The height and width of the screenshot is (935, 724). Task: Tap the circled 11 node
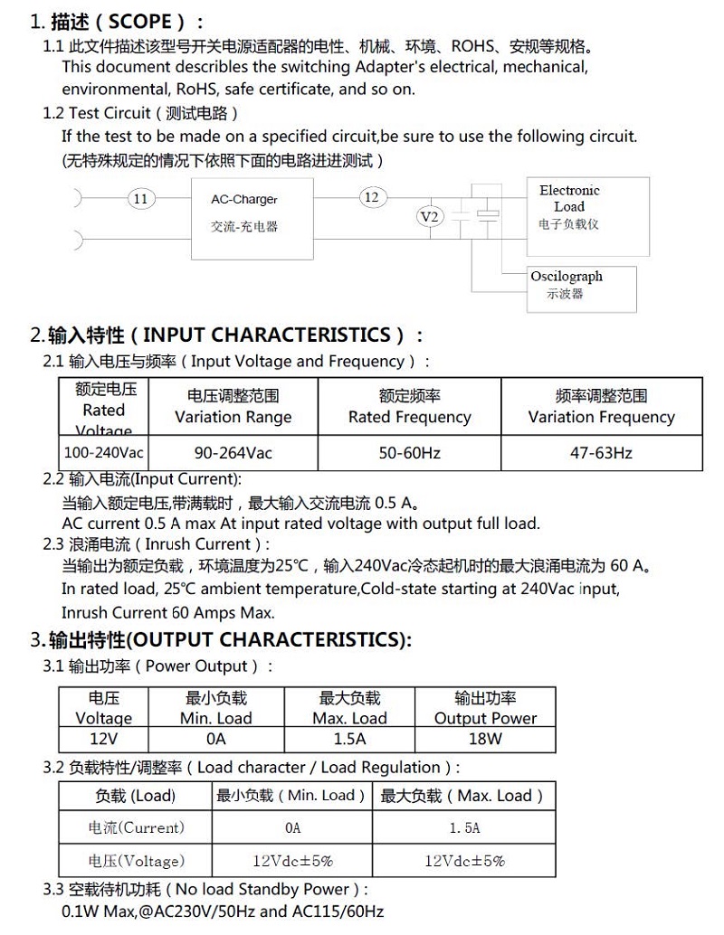tap(140, 199)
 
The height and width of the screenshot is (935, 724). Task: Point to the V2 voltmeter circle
tap(431, 217)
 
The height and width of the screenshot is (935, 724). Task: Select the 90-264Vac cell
tap(233, 452)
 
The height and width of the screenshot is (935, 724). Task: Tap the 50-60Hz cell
tap(409, 452)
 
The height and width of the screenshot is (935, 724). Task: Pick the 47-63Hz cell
tap(601, 452)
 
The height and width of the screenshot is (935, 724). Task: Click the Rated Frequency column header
tap(409, 407)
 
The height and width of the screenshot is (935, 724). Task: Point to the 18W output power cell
tap(485, 739)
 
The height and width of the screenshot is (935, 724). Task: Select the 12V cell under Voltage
tap(103, 739)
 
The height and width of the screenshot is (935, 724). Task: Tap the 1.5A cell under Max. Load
tap(349, 739)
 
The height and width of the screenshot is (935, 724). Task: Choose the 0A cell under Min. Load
tap(215, 739)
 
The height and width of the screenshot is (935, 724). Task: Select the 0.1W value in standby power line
tap(81, 911)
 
